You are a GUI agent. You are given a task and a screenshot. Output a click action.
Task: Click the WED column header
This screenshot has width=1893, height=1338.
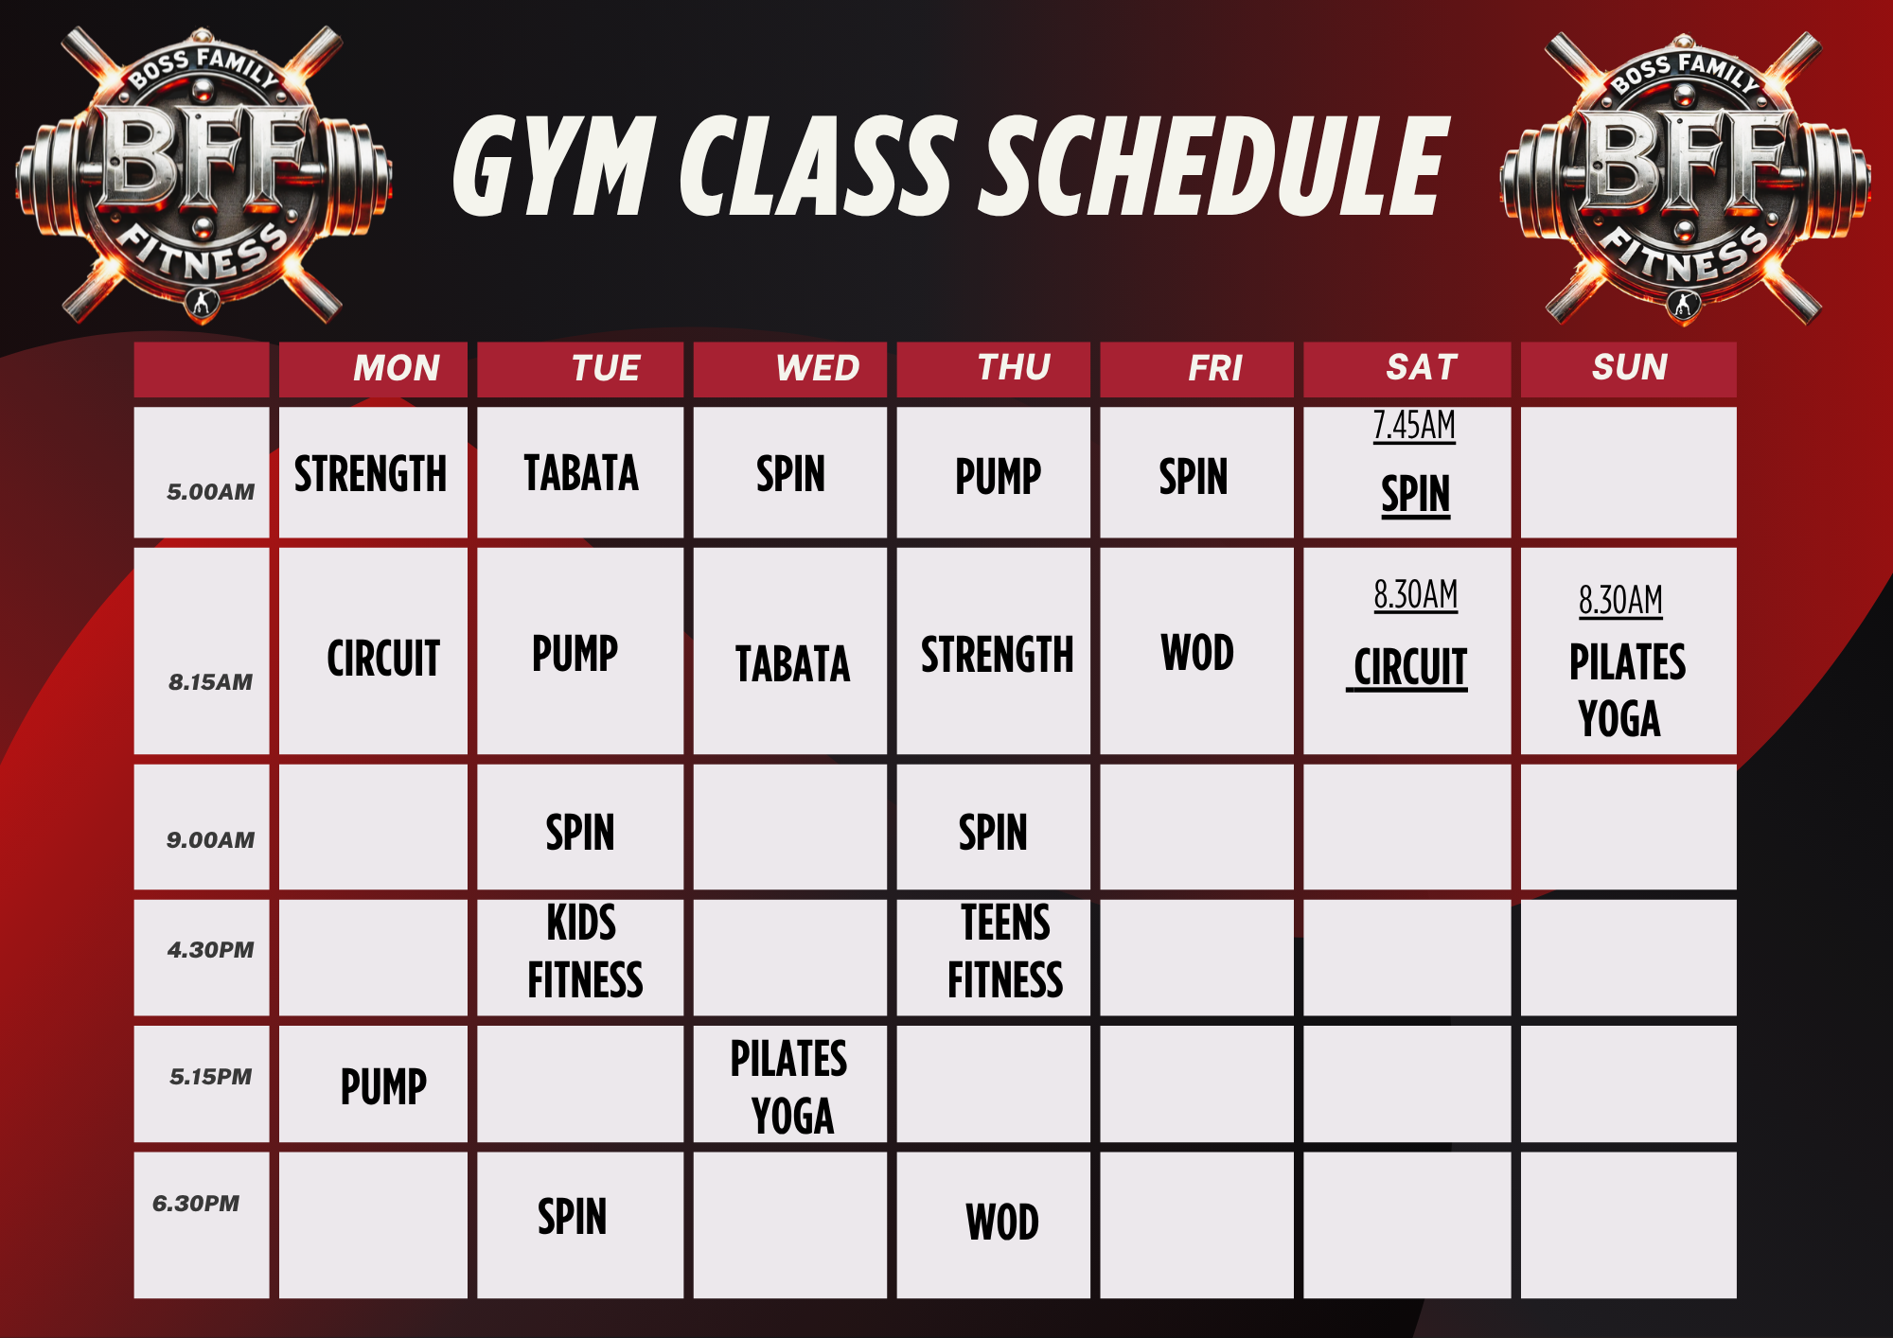(x=818, y=367)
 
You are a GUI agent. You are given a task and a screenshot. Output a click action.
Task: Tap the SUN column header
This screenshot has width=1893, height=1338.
(x=1630, y=366)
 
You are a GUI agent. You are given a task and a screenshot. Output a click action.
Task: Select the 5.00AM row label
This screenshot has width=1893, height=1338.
(x=211, y=491)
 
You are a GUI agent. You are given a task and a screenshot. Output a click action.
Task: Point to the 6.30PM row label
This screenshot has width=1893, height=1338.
(x=196, y=1203)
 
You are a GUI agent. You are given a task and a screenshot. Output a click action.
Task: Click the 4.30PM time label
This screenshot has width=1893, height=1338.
(x=211, y=949)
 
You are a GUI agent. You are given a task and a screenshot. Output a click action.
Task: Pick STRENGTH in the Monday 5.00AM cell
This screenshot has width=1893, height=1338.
(x=370, y=474)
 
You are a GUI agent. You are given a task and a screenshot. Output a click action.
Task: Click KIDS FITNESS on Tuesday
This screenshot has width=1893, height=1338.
(x=585, y=951)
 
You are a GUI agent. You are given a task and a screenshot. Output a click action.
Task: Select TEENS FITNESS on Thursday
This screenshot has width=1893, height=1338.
(x=1005, y=951)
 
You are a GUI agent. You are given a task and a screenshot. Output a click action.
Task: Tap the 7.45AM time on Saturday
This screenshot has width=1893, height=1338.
(x=1414, y=426)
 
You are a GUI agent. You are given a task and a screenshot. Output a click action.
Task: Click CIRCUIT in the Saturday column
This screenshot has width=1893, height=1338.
(x=1409, y=667)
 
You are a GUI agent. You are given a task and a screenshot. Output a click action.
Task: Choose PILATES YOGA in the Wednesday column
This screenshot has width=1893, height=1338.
(x=789, y=1086)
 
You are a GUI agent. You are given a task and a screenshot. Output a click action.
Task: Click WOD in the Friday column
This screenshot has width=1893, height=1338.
(x=1197, y=653)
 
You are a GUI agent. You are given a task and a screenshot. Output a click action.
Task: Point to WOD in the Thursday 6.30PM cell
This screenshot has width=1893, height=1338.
(x=1002, y=1222)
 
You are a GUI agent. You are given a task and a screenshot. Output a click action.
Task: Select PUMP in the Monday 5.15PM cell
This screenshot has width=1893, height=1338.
(x=383, y=1086)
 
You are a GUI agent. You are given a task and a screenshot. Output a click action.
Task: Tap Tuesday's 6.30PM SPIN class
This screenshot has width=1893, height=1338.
(x=572, y=1217)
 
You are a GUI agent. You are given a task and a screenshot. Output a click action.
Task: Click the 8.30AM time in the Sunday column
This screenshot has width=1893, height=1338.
(x=1620, y=600)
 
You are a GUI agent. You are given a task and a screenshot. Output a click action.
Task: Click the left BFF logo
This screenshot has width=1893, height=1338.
(x=203, y=176)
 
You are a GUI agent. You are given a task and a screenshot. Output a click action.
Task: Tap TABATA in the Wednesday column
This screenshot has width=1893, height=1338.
(x=792, y=663)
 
